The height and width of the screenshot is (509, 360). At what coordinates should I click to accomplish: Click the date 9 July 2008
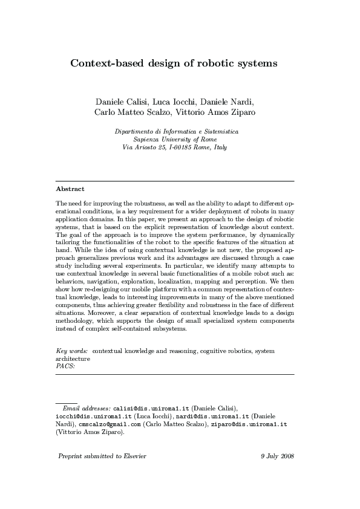coord(277,456)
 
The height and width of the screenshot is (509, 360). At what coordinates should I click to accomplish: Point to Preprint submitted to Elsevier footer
coord(102,456)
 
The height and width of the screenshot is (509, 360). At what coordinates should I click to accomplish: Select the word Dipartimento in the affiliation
coord(134,131)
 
